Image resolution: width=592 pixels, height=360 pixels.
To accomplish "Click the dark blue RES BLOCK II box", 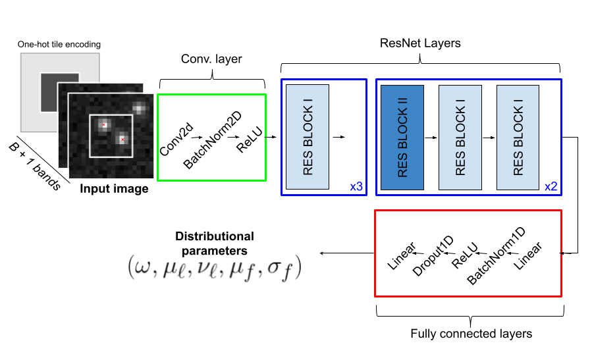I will (402, 137).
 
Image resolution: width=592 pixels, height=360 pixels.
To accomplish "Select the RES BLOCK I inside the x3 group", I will (307, 137).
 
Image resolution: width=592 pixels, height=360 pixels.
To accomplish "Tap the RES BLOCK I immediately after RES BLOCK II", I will (460, 137).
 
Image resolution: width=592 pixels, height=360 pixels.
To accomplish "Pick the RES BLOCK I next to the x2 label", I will (518, 137).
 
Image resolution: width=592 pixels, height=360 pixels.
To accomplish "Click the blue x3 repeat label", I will (356, 187).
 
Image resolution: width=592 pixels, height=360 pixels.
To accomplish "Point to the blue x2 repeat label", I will (551, 187).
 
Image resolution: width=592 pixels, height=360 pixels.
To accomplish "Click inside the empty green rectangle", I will (211, 137).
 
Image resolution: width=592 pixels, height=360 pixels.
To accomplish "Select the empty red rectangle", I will (468, 253).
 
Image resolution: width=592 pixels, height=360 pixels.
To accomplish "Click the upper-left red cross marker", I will (104, 124).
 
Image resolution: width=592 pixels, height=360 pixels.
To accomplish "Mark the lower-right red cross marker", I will (122, 140).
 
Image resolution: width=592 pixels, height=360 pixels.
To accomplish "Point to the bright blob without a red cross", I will (139, 108).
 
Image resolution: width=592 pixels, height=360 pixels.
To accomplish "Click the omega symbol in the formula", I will (142, 268).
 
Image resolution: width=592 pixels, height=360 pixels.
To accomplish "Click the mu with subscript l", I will (173, 269).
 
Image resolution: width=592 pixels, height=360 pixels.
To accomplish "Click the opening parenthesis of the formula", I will (130, 267).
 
